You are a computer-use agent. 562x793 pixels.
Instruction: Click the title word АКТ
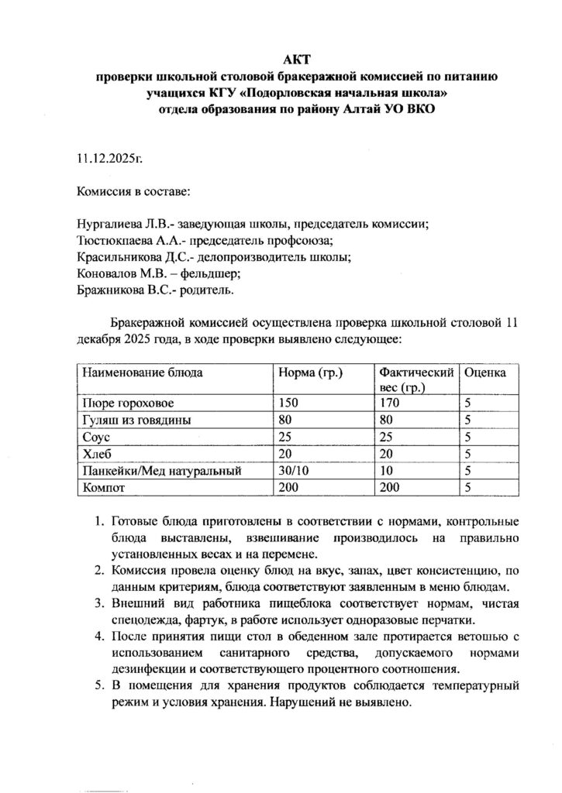[295, 60]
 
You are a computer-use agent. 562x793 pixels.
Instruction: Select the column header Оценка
[485, 372]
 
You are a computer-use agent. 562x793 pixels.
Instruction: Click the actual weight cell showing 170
[389, 403]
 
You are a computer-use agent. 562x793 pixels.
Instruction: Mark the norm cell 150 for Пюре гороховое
[289, 403]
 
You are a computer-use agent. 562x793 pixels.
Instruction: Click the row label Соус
[96, 438]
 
